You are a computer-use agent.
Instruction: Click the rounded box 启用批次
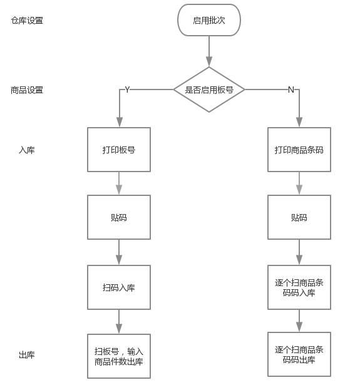coord(209,20)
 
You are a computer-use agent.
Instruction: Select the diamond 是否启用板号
coord(209,90)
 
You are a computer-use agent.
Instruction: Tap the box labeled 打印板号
coord(119,150)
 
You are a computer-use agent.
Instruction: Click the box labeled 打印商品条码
coord(299,150)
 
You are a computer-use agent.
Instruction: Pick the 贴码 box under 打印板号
coord(119,217)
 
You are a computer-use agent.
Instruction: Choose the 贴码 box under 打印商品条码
coord(299,217)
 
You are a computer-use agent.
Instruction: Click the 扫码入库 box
coord(119,287)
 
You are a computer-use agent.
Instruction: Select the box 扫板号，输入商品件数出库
coord(119,356)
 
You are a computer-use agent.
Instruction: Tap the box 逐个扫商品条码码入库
coord(299,287)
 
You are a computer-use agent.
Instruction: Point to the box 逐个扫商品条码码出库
coord(299,354)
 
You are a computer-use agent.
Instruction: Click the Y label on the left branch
coord(127,90)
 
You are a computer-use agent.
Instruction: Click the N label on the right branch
coord(291,90)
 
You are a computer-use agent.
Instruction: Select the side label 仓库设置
coord(27,20)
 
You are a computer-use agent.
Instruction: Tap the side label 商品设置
coord(27,90)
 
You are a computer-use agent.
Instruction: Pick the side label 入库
coord(27,150)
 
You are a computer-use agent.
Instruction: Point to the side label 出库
coord(27,355)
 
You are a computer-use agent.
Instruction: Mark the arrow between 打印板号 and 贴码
coord(119,183)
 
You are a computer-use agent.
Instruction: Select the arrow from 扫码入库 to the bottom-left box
coord(119,321)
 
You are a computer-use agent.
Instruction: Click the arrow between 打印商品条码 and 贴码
coord(299,183)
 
